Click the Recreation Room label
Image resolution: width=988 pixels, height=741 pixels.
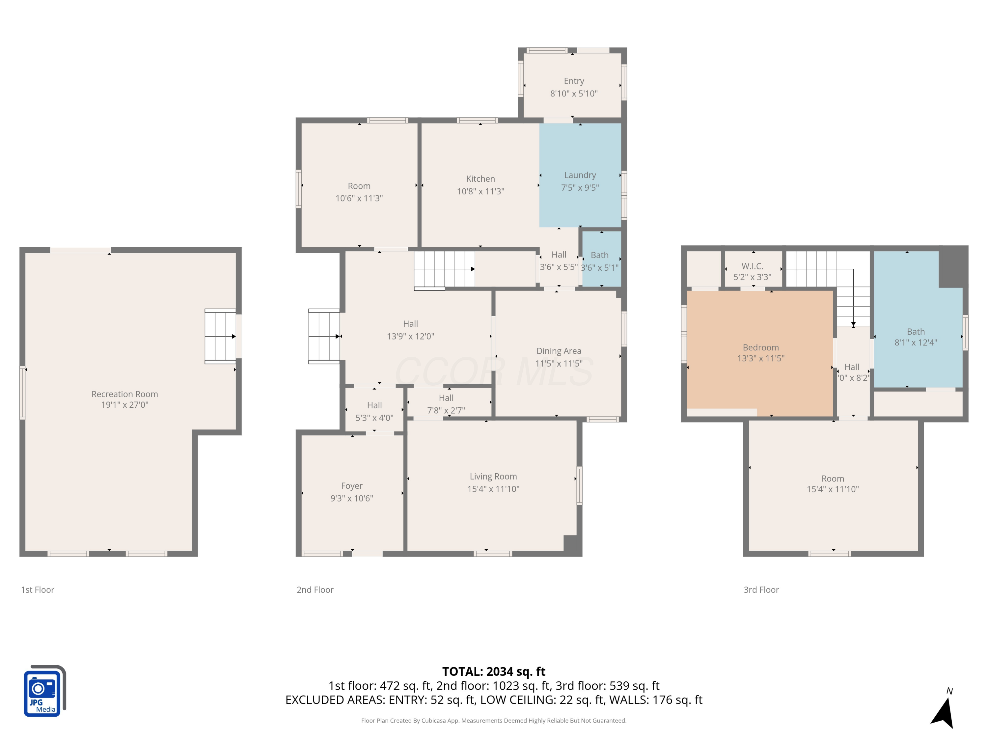coord(124,394)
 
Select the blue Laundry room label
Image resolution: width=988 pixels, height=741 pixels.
coord(580,175)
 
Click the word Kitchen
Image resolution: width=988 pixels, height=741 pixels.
coord(480,178)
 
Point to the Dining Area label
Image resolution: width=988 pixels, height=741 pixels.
coord(559,351)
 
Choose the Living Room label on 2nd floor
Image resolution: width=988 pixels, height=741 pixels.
coord(493,477)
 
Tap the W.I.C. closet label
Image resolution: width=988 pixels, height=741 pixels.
coord(752,266)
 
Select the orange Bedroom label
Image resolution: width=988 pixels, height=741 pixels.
coord(761,347)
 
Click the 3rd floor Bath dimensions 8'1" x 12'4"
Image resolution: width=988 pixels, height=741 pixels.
coord(916,343)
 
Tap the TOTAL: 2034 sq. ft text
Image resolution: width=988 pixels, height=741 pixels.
coord(494,671)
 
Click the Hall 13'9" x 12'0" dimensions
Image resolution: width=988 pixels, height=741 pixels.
coord(410,336)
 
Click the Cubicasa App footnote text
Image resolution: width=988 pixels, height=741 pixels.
coord(494,721)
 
